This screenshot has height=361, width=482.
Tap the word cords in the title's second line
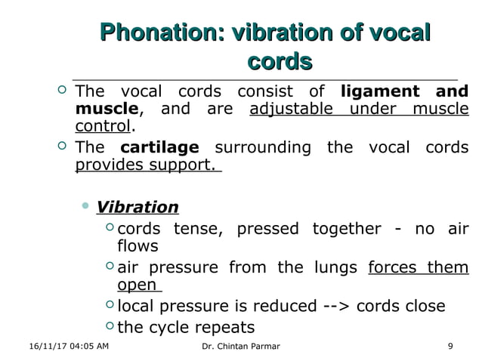pyautogui.click(x=280, y=60)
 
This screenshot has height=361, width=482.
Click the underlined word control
pyautogui.click(x=103, y=128)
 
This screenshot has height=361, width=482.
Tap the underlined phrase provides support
pyautogui.click(x=145, y=164)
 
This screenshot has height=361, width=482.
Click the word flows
pyautogui.click(x=137, y=246)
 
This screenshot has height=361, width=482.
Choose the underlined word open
pyautogui.click(x=137, y=285)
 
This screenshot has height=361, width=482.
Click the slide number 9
pyautogui.click(x=450, y=346)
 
